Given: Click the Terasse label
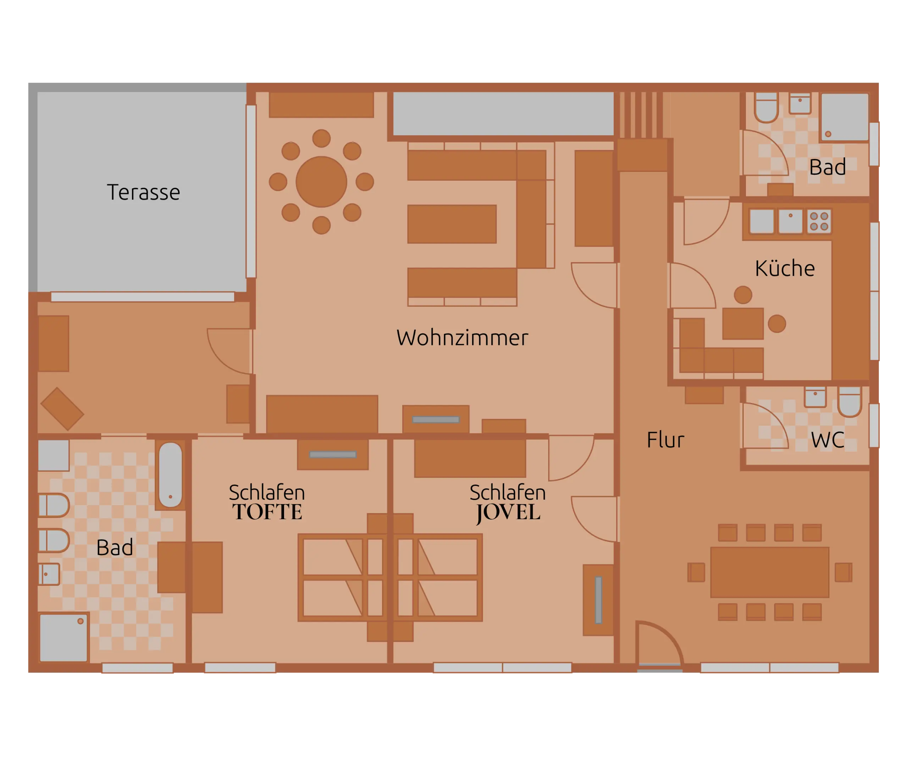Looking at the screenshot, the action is point(143,192).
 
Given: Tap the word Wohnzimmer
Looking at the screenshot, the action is point(462,338).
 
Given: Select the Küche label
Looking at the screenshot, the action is point(785,268).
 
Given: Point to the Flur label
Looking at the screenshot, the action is point(665,440).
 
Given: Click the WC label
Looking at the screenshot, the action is point(827,440).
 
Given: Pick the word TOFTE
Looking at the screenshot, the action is point(267,512).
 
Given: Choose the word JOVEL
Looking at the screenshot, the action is point(508,513).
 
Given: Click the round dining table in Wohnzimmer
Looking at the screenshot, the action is point(321,182).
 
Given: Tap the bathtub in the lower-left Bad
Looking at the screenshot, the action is point(170,475).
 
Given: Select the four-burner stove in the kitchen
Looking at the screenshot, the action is point(819,221).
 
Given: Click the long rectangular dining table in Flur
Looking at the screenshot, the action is point(770,572).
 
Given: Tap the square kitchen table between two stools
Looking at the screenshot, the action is point(743,324).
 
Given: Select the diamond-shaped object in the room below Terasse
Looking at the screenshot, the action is point(62,409).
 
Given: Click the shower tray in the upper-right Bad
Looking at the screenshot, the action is point(845,117).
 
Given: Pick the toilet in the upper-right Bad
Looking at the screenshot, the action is point(766,107).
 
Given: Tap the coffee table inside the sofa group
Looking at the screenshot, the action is point(452,224).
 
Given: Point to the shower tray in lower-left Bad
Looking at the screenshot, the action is point(63,637).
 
